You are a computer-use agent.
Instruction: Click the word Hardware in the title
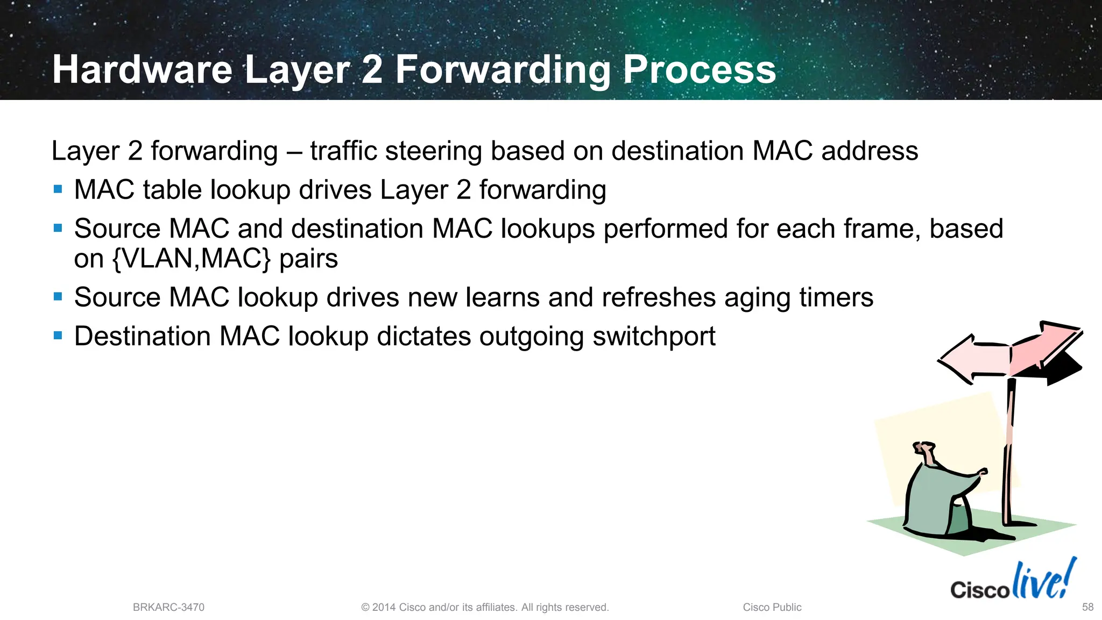coord(142,70)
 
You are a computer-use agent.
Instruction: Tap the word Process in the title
coord(699,70)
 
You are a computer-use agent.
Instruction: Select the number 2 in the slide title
coord(372,70)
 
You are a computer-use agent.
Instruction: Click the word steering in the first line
coord(433,151)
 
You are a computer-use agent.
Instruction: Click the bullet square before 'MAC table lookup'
coord(58,189)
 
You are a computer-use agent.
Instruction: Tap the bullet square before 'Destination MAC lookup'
coord(58,336)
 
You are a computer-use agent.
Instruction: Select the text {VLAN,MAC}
coord(191,259)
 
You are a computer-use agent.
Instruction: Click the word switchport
coord(654,337)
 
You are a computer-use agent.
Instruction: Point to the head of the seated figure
coord(925,450)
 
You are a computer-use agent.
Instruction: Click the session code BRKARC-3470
coord(168,607)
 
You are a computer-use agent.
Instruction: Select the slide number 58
coord(1087,607)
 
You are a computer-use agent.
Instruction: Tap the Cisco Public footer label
coord(772,607)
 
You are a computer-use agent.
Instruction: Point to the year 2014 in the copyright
coord(384,607)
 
